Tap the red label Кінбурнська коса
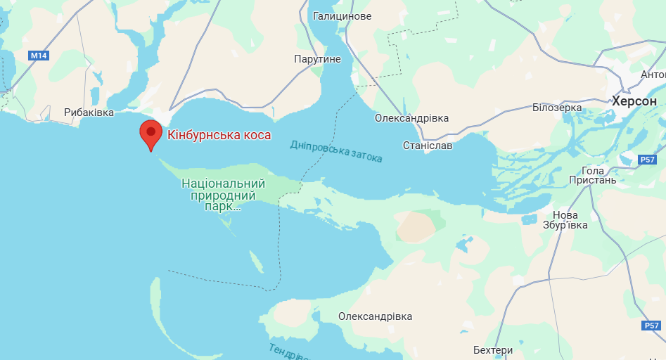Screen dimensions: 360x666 219,134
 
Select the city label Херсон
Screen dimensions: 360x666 634,101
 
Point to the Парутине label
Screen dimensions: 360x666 317,60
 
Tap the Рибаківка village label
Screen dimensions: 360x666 89,112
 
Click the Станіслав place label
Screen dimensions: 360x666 428,146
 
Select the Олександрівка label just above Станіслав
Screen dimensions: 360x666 411,118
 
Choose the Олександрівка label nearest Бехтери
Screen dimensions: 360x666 375,316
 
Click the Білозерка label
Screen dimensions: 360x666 557,108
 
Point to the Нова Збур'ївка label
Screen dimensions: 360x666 565,220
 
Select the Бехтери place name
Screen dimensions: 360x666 493,349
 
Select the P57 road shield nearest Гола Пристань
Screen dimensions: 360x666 648,160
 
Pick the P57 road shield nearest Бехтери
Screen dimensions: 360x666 651,326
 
